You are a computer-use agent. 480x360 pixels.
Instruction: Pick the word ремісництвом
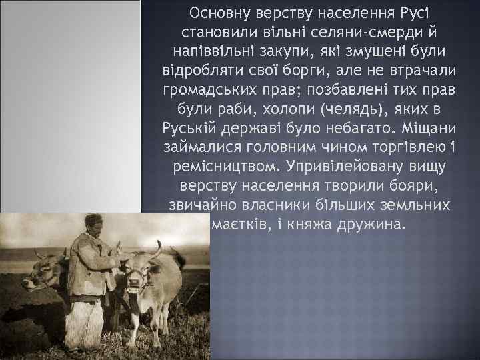[x=232, y=167]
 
